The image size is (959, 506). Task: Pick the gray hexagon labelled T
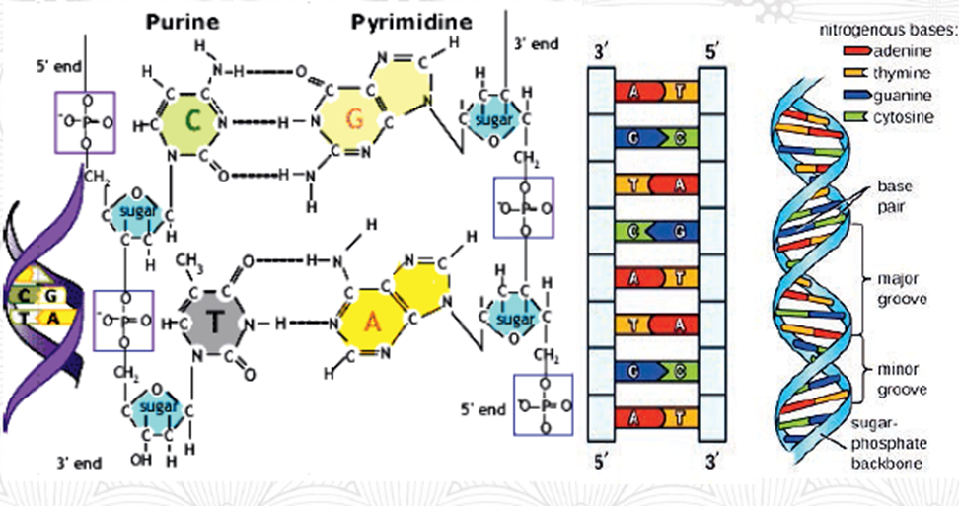215,323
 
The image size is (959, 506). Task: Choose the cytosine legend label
901,117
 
